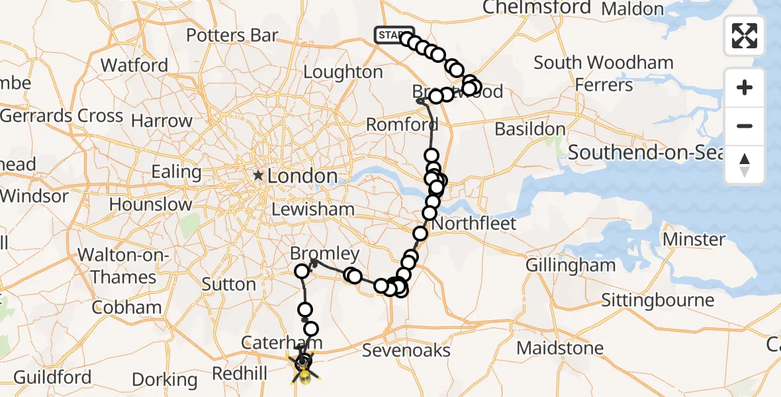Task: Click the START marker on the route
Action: pos(393,35)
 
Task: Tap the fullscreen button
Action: pos(745,35)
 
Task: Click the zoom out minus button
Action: pos(745,126)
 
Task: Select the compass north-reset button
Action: pos(745,165)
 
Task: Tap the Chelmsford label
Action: pos(537,8)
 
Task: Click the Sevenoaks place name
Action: pos(406,351)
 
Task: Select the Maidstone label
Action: pos(560,348)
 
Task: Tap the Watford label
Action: pos(134,66)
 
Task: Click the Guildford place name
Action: pos(52,377)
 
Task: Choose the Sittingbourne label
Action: pos(657,300)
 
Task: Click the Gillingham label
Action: pos(571,265)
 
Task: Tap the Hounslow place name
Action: pos(150,204)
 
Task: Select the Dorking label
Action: pos(165,380)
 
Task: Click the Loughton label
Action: pos(344,71)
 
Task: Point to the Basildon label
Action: pos(530,128)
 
